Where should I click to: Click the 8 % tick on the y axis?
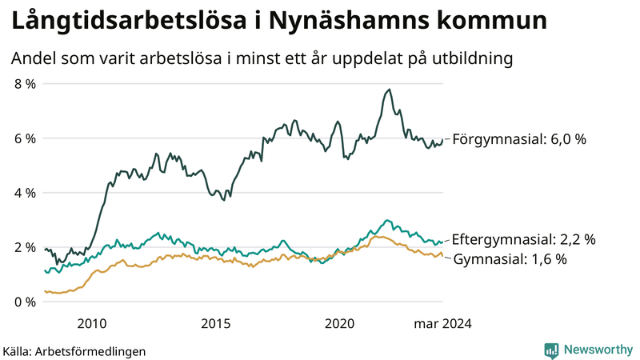(24, 84)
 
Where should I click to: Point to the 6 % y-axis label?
(24, 138)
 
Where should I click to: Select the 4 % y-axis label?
(24, 193)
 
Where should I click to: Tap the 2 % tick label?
(24, 247)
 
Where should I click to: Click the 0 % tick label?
(24, 302)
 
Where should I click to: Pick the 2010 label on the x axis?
(91, 323)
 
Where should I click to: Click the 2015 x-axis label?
(216, 323)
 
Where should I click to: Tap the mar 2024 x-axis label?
(442, 323)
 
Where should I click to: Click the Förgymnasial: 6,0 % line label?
(519, 139)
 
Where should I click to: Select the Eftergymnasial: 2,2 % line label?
(523, 239)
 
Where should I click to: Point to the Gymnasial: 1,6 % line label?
(510, 259)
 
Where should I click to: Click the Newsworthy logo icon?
(551, 350)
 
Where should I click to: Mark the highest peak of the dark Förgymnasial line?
(389, 90)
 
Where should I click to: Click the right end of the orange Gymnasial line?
(442, 255)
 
